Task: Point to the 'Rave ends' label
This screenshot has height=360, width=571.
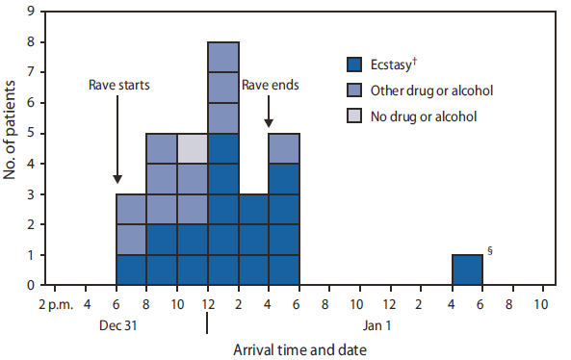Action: [x=270, y=85]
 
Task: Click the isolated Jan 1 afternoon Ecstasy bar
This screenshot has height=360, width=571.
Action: [x=467, y=270]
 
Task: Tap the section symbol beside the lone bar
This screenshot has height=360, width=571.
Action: [x=490, y=251]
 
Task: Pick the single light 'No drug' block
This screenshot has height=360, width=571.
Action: [x=193, y=148]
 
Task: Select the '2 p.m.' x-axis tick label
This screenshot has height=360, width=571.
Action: [x=55, y=304]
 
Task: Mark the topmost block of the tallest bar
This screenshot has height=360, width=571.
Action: [x=223, y=57]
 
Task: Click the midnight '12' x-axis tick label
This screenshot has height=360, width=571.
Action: [x=207, y=304]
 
